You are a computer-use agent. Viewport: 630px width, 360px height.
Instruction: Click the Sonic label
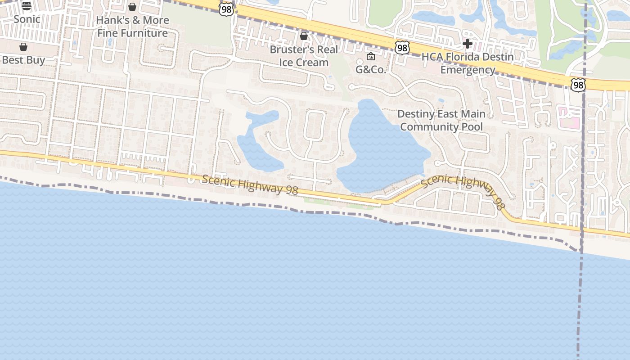pyautogui.click(x=27, y=19)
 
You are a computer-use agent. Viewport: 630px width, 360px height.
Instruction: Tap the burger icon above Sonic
pyautogui.click(x=27, y=6)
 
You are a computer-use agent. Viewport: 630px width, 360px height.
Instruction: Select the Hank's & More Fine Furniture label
pyautogui.click(x=133, y=27)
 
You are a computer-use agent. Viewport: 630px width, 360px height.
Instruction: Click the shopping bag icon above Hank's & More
pyautogui.click(x=132, y=7)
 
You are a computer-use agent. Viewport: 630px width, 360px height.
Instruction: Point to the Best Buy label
pyautogui.click(x=23, y=60)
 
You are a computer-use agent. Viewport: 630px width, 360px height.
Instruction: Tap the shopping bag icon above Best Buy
pyautogui.click(x=23, y=47)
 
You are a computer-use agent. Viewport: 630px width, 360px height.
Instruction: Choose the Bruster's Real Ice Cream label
pyautogui.click(x=304, y=56)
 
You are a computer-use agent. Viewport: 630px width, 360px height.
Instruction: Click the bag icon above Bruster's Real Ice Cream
pyautogui.click(x=304, y=36)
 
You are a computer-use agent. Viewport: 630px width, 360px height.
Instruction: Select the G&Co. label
pyautogui.click(x=371, y=70)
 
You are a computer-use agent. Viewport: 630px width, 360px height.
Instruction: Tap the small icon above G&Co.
pyautogui.click(x=371, y=56)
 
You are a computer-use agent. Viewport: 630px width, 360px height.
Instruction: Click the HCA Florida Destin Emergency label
pyautogui.click(x=468, y=63)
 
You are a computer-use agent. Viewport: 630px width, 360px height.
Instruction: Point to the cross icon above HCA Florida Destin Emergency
pyautogui.click(x=468, y=44)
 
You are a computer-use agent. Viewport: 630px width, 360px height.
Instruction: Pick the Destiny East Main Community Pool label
pyautogui.click(x=441, y=120)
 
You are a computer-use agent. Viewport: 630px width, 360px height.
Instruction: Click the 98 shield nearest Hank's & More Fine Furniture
pyautogui.click(x=226, y=9)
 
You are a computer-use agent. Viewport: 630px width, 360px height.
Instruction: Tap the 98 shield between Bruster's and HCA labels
pyautogui.click(x=402, y=48)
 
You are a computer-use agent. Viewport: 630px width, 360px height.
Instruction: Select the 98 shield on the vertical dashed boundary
pyautogui.click(x=578, y=85)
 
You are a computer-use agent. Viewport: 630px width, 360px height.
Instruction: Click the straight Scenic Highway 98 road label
pyautogui.click(x=250, y=185)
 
